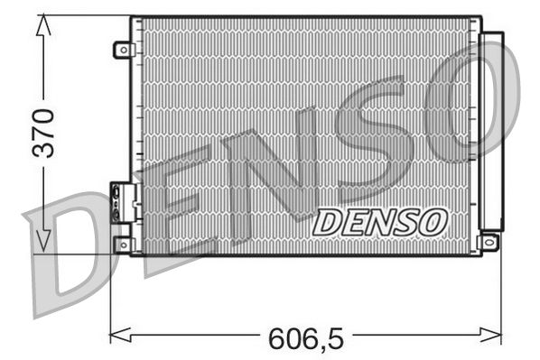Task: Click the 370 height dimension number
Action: tap(43, 133)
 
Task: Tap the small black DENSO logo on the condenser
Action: tap(380, 221)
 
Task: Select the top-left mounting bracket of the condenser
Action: tap(123, 50)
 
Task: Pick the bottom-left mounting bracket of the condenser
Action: tap(123, 244)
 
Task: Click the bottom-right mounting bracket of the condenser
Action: tap(489, 242)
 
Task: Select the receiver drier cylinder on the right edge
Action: tap(492, 131)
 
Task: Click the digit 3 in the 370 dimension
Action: tap(43, 150)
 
